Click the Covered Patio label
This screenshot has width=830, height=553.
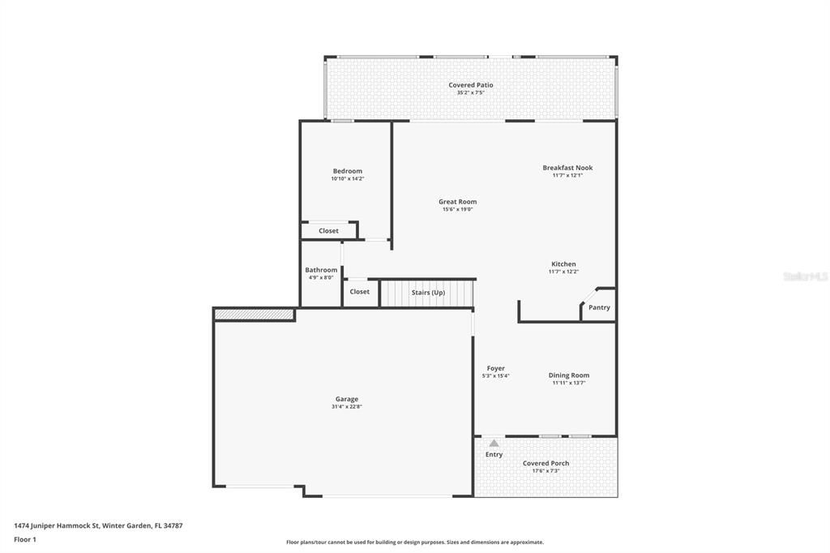tap(470, 85)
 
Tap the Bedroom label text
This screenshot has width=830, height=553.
tap(347, 171)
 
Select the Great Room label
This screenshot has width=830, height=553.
tap(457, 202)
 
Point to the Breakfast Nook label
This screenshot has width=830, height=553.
tap(567, 168)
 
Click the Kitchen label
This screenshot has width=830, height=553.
tap(563, 264)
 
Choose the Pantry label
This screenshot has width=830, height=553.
tap(599, 307)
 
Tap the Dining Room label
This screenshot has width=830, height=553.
tap(568, 375)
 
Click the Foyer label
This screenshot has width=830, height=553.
tap(494, 368)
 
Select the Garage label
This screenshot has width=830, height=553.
tap(346, 399)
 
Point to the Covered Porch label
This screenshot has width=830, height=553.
tap(545, 463)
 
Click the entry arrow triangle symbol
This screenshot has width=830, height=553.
tap(494, 443)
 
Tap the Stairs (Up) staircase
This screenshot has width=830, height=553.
tap(427, 293)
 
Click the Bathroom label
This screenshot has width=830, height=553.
tap(321, 270)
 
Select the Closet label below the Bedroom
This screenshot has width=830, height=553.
tap(328, 231)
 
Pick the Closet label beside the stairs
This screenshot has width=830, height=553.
tap(359, 292)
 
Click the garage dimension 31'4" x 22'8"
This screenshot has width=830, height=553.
tap(346, 407)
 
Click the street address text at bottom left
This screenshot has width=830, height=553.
tap(98, 525)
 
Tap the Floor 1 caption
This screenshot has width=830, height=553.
tap(25, 539)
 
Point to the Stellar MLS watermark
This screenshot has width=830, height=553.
tap(805, 276)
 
